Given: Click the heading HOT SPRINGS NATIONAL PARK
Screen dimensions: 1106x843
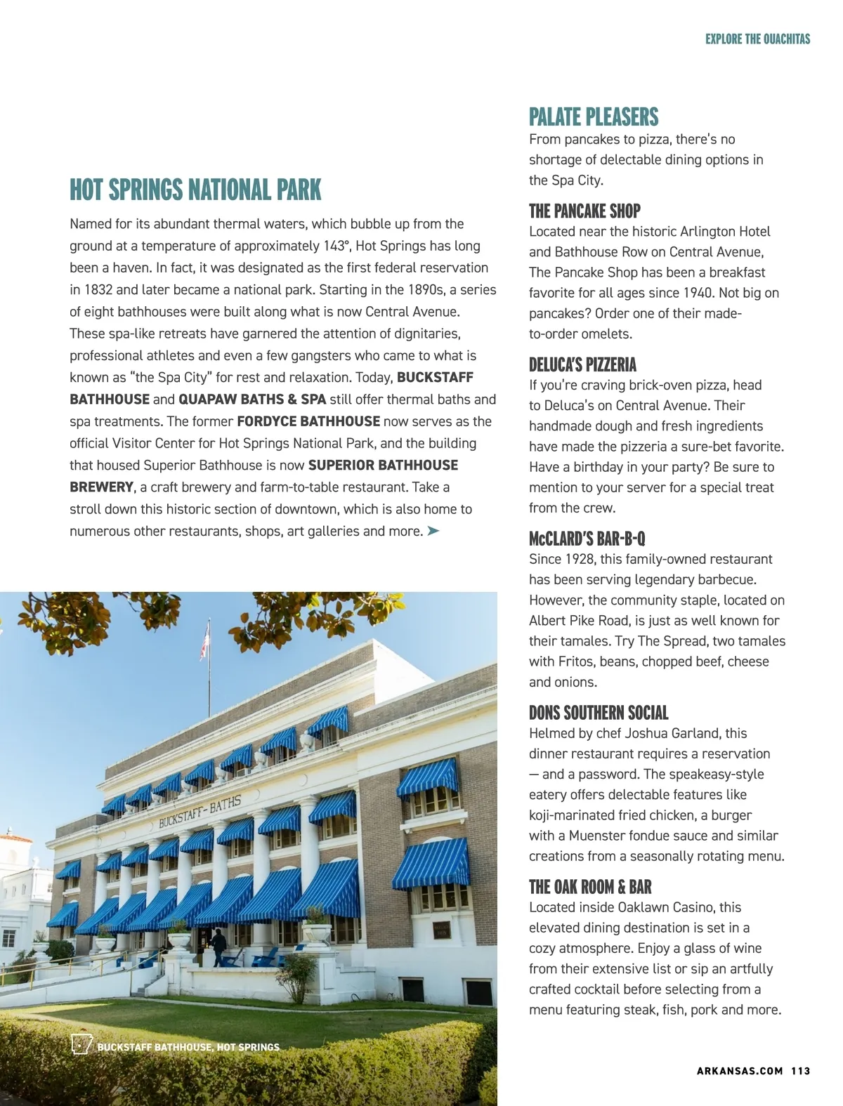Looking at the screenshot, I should point(195,190).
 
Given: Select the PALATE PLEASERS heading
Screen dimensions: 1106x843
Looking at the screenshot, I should point(594,117).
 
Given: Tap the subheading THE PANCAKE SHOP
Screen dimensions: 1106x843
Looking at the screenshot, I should point(584,211).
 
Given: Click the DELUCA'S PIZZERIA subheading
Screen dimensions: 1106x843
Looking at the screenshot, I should point(582,364).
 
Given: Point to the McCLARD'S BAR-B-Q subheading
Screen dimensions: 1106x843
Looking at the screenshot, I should point(587,539).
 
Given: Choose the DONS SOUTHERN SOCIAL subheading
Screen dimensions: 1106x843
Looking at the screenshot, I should point(599,713).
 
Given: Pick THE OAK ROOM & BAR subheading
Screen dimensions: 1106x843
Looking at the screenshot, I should point(590,887).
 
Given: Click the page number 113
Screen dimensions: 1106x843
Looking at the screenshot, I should point(800,1071).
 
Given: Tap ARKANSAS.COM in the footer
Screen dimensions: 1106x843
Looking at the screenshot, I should point(739,1071).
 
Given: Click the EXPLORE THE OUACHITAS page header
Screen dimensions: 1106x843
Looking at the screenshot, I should point(757,39).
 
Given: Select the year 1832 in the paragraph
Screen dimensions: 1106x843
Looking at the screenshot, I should point(98,289).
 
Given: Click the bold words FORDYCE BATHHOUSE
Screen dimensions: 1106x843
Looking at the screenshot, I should point(308,421).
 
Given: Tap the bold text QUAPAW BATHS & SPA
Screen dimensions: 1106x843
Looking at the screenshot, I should point(252,400).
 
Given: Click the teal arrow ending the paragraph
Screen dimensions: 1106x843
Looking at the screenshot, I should point(433,531).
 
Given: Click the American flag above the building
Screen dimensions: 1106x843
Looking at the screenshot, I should point(204,640).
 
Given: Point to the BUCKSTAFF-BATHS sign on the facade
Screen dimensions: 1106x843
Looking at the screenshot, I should point(200,811).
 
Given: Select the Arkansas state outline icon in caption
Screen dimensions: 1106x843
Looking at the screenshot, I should point(81,1045).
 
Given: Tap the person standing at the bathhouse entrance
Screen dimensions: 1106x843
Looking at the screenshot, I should point(219,944).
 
